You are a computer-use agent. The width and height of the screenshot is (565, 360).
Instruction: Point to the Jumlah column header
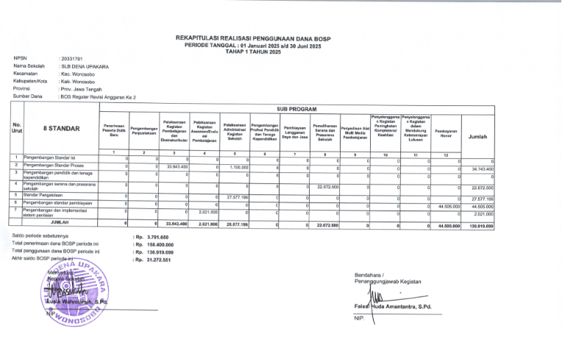(477, 136)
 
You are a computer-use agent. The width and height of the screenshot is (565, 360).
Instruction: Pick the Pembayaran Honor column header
(446, 133)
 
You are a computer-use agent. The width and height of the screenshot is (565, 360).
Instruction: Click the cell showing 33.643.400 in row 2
(180, 167)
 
